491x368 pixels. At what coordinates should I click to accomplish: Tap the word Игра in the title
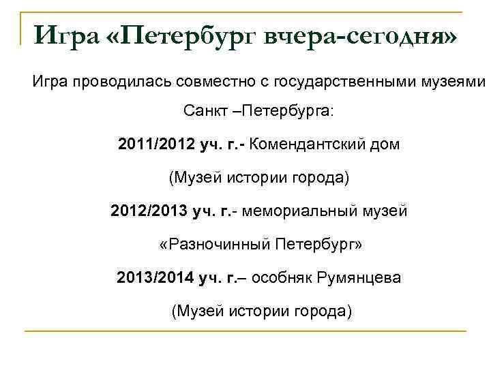coord(68,33)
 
